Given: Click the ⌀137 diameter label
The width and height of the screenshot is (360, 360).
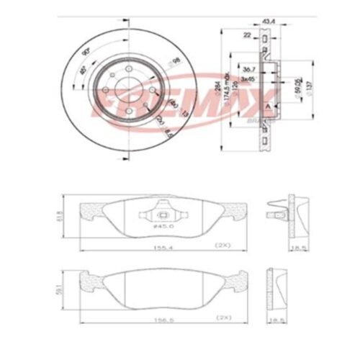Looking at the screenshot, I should [x=310, y=88].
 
